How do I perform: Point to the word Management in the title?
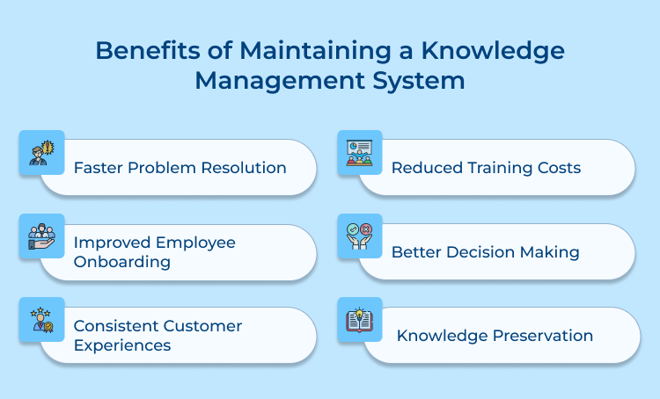(275, 82)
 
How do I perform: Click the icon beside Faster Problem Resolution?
(41, 152)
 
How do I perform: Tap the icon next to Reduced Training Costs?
(360, 153)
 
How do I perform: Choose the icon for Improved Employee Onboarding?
(41, 236)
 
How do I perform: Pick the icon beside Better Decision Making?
(360, 236)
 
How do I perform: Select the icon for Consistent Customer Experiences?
(41, 320)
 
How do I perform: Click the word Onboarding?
(121, 262)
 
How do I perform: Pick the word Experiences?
(122, 345)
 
